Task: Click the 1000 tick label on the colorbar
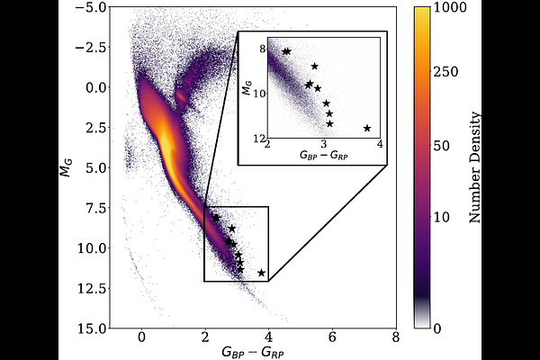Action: point(454,8)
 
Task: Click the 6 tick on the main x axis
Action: point(332,338)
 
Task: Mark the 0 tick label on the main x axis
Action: point(141,338)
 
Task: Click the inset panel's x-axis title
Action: point(325,156)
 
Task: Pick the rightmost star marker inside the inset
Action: point(366,128)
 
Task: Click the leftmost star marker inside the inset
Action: point(286,51)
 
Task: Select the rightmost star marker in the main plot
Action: point(262,273)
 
